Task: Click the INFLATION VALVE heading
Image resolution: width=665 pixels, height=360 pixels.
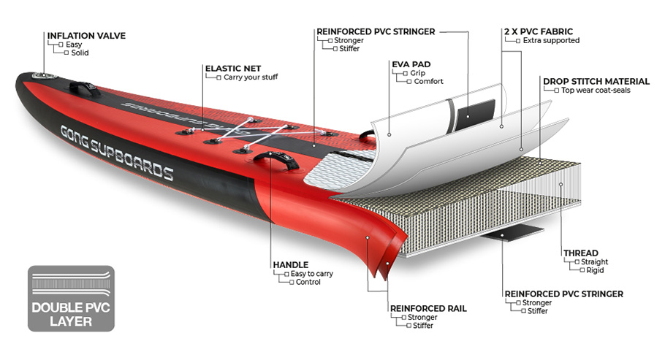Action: click(86, 36)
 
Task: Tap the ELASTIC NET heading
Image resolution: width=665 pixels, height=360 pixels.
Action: click(233, 68)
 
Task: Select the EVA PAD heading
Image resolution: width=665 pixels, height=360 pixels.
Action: click(411, 64)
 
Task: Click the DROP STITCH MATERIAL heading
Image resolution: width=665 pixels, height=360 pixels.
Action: click(596, 81)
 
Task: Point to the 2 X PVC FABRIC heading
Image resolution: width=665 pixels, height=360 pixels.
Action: click(538, 31)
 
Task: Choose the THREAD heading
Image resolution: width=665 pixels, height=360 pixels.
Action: click(581, 253)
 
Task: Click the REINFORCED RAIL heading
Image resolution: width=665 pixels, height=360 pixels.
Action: click(428, 308)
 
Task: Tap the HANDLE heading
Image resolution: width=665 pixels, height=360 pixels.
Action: click(291, 264)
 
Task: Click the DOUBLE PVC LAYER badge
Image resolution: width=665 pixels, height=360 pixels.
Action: click(72, 299)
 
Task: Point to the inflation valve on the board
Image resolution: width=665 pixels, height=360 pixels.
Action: click(45, 77)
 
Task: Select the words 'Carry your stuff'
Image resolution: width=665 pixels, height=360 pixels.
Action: click(251, 77)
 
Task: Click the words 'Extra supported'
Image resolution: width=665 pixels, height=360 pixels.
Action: click(551, 40)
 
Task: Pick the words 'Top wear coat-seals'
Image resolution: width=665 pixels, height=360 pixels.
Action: click(596, 91)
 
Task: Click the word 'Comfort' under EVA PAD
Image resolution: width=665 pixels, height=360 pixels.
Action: click(428, 81)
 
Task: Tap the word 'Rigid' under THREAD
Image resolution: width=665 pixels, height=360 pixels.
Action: click(595, 270)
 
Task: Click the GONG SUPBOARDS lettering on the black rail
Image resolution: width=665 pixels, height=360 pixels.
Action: click(117, 153)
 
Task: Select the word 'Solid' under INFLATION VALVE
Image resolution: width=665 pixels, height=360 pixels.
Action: click(80, 53)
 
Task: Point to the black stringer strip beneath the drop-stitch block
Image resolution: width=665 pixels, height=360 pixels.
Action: click(512, 232)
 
